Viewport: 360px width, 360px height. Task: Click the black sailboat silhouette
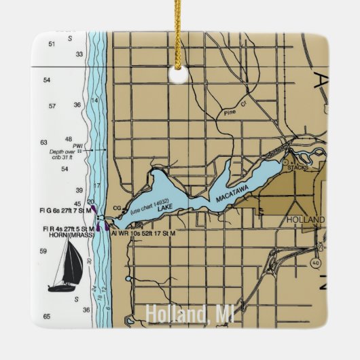[65, 266]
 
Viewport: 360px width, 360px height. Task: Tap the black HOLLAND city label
[306, 220]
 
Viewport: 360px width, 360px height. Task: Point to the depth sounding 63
[44, 143]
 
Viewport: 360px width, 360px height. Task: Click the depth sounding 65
[46, 317]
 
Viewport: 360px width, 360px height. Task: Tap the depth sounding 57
[52, 107]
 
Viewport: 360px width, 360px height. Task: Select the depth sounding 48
[68, 139]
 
